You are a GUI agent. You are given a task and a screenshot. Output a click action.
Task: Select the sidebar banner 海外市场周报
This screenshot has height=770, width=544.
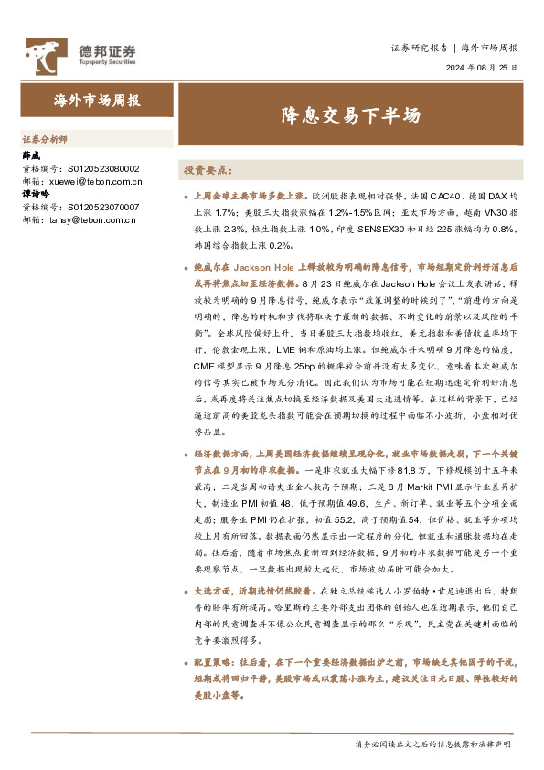click(x=97, y=101)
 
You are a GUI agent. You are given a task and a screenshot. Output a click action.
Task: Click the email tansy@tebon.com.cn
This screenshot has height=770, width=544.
click(x=90, y=219)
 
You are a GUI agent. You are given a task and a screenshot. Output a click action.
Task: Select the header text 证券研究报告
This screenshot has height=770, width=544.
click(x=420, y=48)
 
